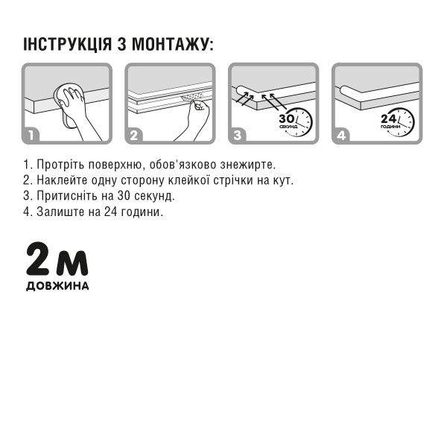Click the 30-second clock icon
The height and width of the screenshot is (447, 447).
click(x=296, y=121)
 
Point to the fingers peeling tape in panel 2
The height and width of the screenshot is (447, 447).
click(x=200, y=110)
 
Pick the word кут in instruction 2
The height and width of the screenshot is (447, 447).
click(x=284, y=180)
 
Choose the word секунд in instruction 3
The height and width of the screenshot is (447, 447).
click(x=154, y=196)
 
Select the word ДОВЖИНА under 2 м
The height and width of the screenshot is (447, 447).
click(x=57, y=286)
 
